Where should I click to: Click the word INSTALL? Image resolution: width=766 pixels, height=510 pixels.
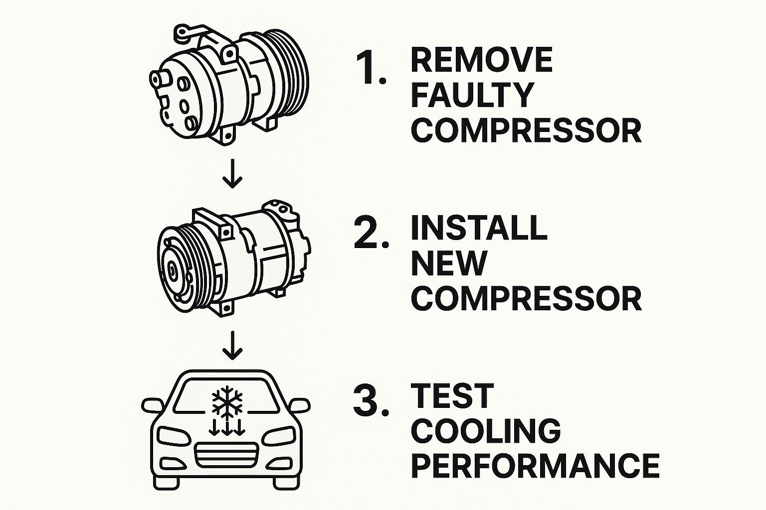point(479,228)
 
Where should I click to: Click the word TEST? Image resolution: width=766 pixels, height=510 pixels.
point(453,396)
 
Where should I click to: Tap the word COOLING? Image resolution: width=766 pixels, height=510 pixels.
point(486,431)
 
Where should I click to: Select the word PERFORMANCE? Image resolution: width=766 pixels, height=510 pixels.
point(535,466)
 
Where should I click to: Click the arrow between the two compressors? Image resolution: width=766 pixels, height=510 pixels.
point(232,173)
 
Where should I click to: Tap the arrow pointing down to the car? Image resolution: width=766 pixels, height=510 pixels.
point(232,345)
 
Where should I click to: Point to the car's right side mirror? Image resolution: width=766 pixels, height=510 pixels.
point(299,405)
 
